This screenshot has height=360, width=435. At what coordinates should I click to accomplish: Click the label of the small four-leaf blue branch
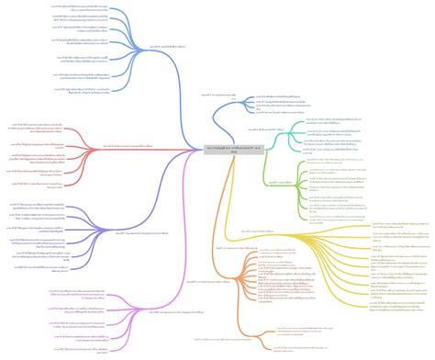click(217, 94)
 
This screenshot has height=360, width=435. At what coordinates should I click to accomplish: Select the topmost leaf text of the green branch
click(345, 162)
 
